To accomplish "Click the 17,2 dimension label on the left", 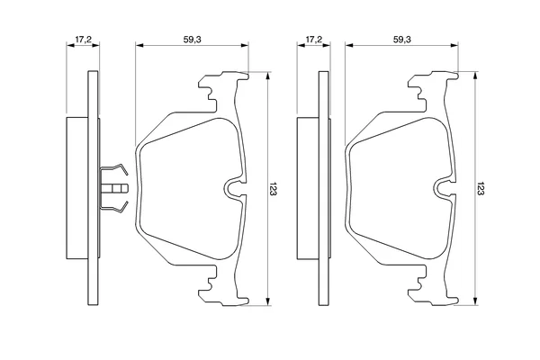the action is click(83, 40).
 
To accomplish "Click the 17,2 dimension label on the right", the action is click(314, 40).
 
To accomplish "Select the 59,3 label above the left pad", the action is click(192, 40).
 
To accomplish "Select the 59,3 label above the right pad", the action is click(402, 40).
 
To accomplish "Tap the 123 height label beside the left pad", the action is click(273, 189).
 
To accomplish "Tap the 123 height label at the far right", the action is click(481, 189).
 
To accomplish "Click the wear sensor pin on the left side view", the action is click(114, 188).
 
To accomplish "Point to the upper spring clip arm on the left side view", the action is click(114, 169).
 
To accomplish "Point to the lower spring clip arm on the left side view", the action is click(114, 207).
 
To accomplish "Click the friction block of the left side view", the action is click(77, 188).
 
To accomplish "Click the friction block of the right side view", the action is click(308, 188).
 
